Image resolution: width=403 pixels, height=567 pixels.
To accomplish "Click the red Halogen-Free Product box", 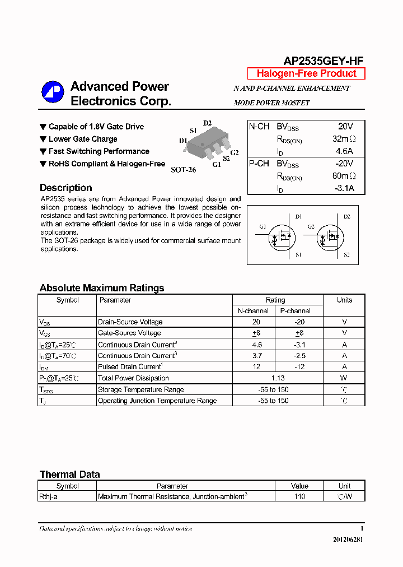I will tap(306, 73).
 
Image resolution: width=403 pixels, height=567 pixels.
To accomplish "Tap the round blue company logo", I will tap(53, 93).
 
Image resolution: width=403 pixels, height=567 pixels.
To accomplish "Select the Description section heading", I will tap(65, 188).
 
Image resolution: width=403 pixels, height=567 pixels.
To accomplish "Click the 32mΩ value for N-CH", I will tap(344, 139).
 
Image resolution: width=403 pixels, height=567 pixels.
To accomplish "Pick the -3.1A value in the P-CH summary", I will tap(344, 188).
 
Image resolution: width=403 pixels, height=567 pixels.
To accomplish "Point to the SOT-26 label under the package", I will tap(183, 169).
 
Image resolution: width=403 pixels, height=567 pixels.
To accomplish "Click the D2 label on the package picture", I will tap(207, 123).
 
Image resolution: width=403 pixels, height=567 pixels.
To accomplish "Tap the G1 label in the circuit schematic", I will tap(263, 227).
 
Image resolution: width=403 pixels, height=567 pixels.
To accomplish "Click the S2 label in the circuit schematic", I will tap(346, 255).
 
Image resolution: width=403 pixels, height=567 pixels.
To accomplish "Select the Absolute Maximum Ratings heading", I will tap(102, 288).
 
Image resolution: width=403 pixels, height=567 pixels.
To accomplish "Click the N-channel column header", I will tap(253, 311).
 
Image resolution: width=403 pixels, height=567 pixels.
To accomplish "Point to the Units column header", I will tap(344, 300).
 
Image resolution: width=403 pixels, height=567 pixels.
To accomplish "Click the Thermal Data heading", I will tap(69, 475).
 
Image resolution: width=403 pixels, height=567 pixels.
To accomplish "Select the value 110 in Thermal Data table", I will tap(299, 496).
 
